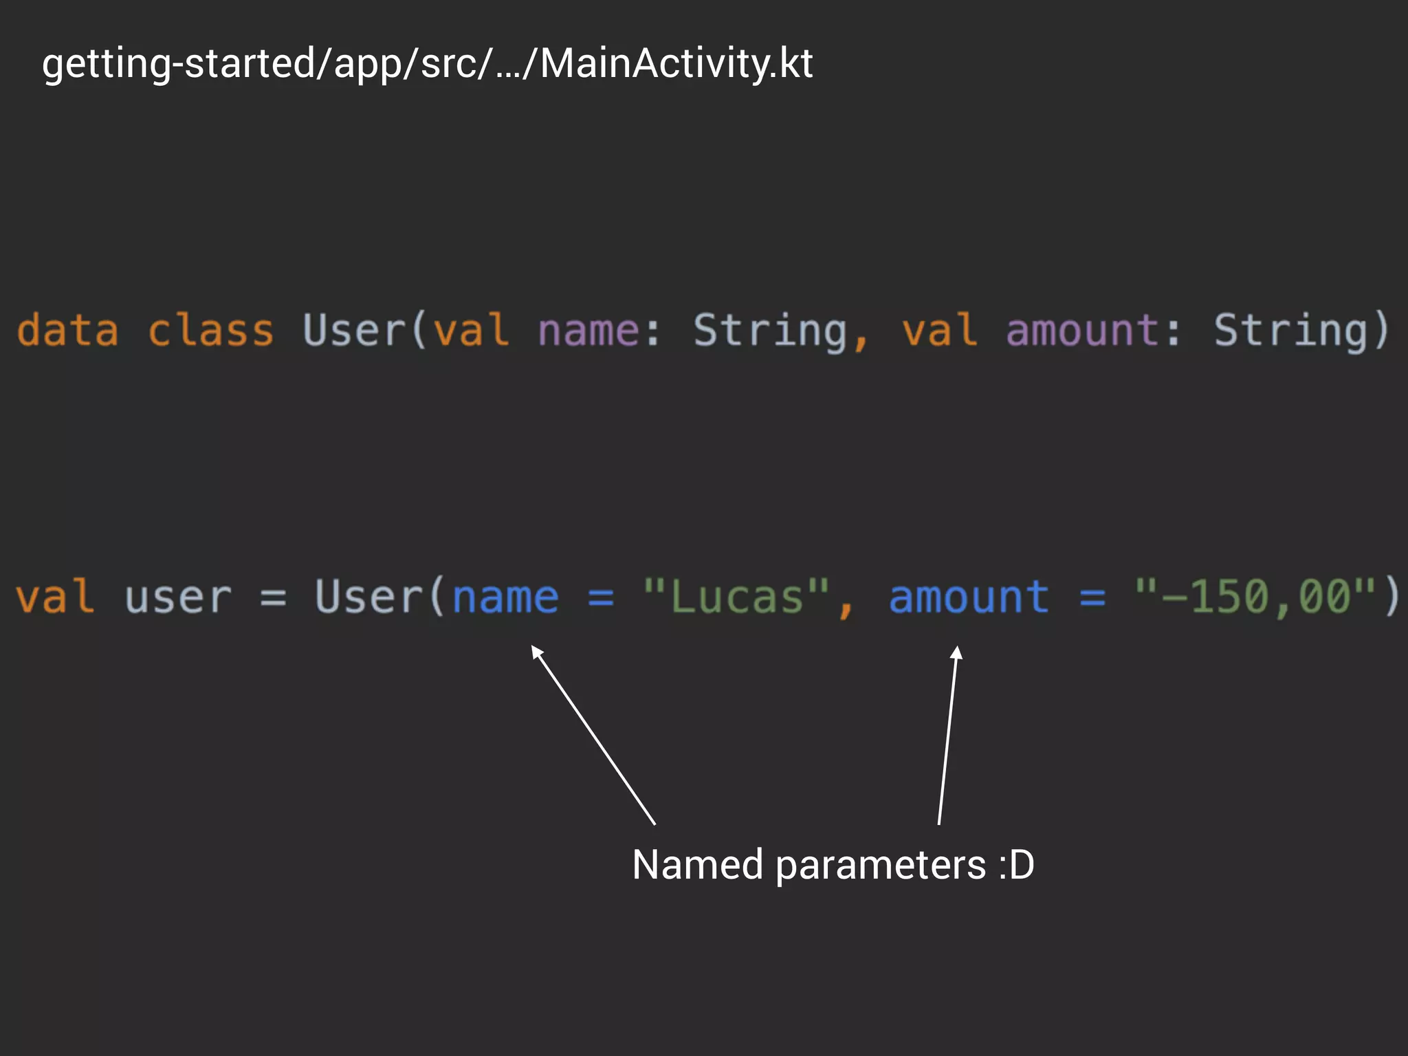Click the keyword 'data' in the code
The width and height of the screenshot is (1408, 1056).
(67, 331)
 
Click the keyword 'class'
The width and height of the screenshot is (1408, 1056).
(210, 331)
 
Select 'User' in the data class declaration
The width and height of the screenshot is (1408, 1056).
(354, 331)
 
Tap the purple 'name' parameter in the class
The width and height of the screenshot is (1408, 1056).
(588, 331)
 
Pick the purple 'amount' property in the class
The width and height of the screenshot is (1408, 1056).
(1083, 331)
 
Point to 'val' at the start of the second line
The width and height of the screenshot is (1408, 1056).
(54, 596)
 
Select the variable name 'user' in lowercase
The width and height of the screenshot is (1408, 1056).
(178, 597)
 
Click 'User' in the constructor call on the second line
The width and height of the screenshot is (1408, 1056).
(368, 596)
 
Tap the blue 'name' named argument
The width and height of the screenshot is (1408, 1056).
(505, 597)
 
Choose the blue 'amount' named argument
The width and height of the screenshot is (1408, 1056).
(969, 596)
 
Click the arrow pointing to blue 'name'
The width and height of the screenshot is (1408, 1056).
(593, 734)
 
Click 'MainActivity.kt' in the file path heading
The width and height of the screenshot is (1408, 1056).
(676, 64)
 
